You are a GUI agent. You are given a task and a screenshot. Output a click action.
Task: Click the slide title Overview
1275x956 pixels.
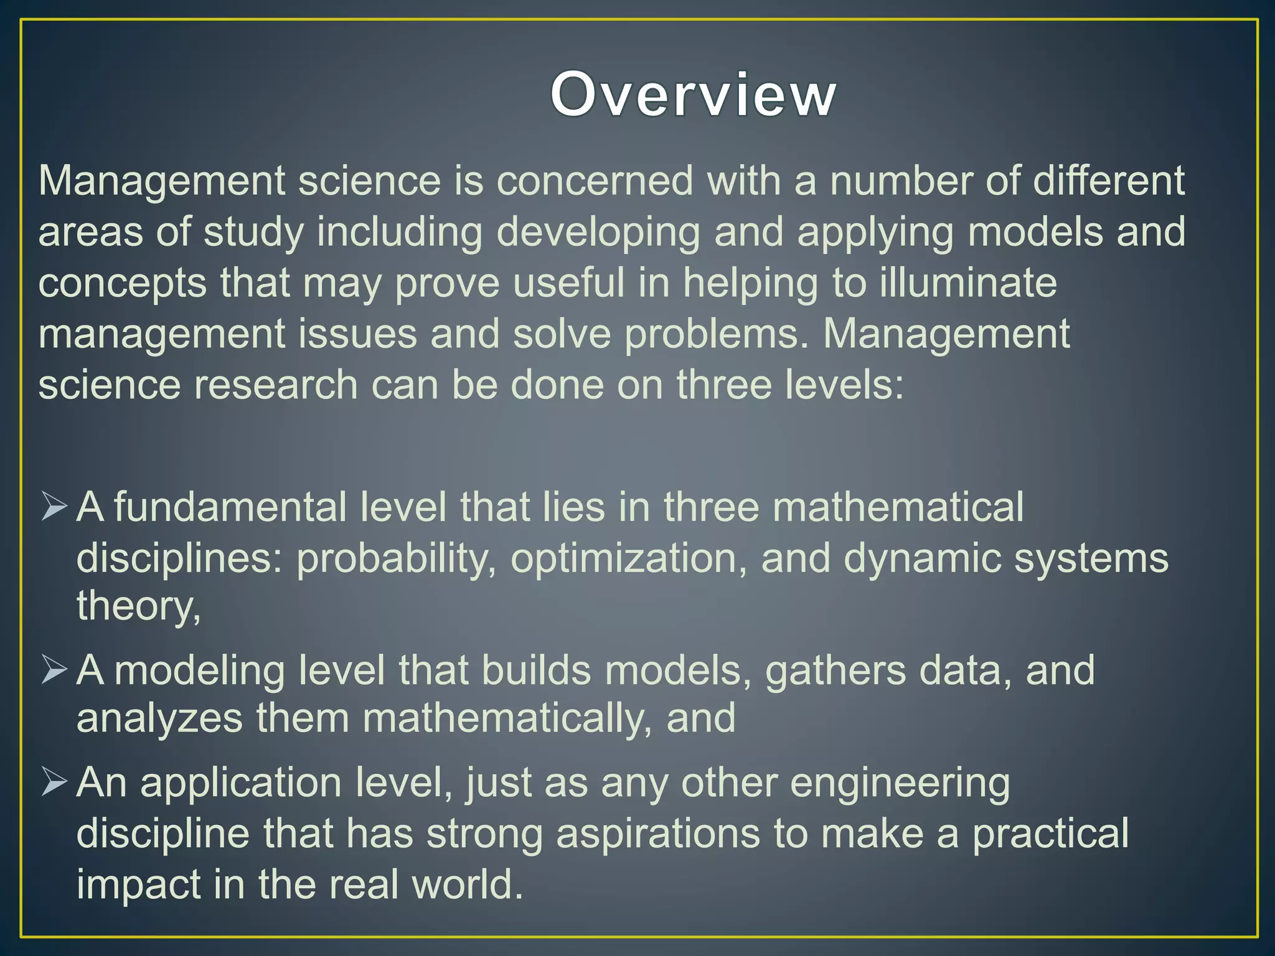pos(693,94)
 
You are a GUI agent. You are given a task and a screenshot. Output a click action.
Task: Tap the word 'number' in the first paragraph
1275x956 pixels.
pos(901,181)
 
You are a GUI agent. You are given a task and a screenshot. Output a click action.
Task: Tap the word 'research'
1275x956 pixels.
pos(276,385)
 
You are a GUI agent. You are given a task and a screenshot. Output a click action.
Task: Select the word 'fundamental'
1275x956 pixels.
pos(230,507)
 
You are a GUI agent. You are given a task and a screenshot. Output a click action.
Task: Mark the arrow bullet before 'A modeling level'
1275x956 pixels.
pos(54,670)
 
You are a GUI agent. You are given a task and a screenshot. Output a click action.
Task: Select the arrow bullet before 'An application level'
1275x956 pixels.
pos(54,783)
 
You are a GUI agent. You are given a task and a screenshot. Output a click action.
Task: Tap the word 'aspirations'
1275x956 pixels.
pos(658,834)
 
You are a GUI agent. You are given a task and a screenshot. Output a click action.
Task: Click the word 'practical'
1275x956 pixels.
pos(1050,834)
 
